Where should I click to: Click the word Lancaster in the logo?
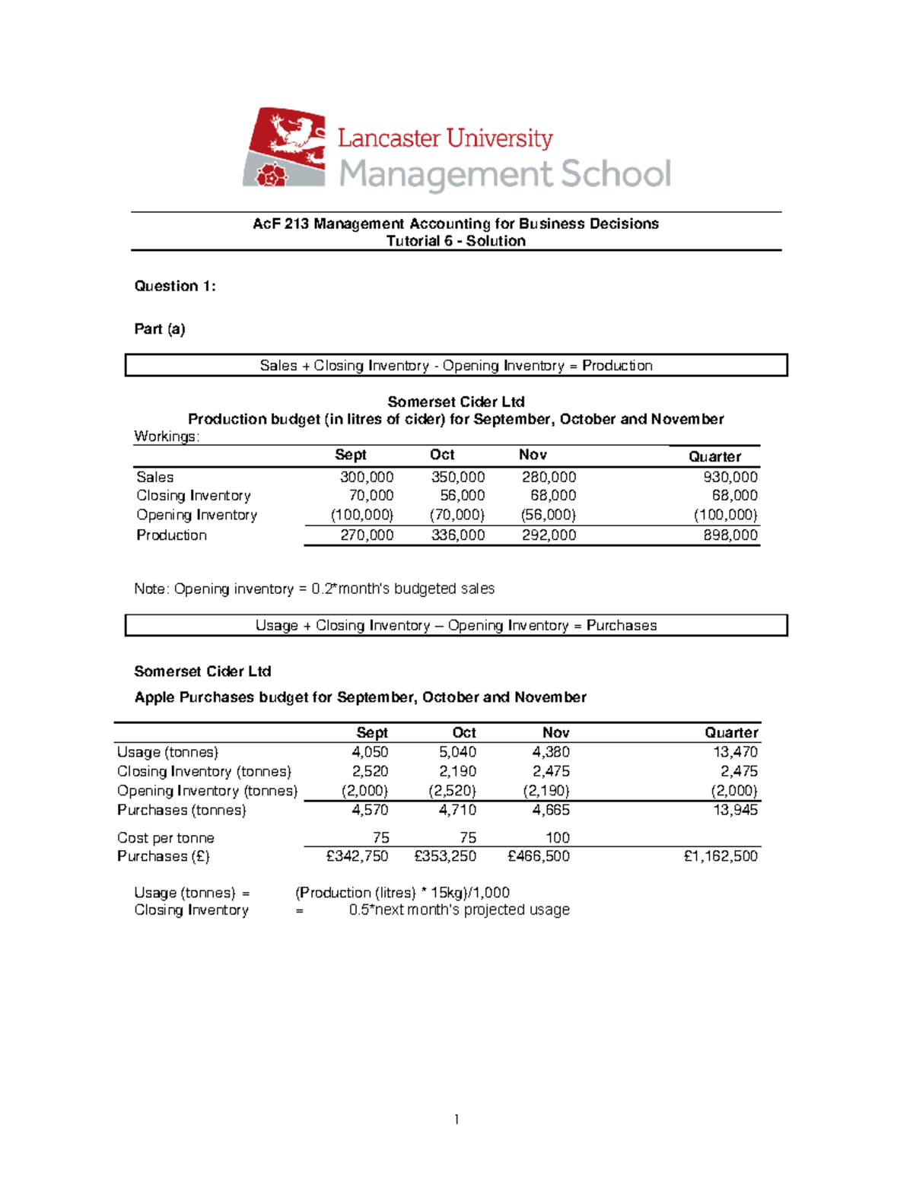click(x=389, y=138)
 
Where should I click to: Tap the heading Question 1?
click(x=175, y=286)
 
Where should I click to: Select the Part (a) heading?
click(x=160, y=329)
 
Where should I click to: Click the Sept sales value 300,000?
click(x=366, y=477)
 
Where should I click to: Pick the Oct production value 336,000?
click(x=457, y=535)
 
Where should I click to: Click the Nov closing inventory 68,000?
click(x=552, y=495)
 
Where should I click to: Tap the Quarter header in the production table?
click(x=714, y=456)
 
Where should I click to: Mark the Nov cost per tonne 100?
click(x=557, y=837)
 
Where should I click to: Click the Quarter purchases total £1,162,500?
click(x=721, y=856)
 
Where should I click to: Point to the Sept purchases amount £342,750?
click(x=357, y=856)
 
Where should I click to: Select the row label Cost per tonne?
click(x=166, y=837)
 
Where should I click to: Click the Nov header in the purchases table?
click(x=555, y=732)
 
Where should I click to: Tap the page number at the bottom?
click(x=456, y=1119)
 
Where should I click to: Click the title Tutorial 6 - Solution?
click(x=456, y=241)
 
